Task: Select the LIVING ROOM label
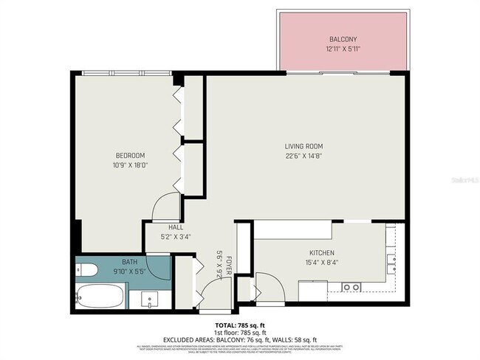[304, 146]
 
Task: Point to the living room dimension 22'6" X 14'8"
[304, 155]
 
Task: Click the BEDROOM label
[129, 155]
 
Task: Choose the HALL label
[175, 228]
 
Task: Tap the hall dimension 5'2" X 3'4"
[175, 237]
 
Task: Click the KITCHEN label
[321, 253]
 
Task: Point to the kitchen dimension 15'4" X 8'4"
[321, 262]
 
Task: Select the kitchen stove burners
[351, 287]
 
